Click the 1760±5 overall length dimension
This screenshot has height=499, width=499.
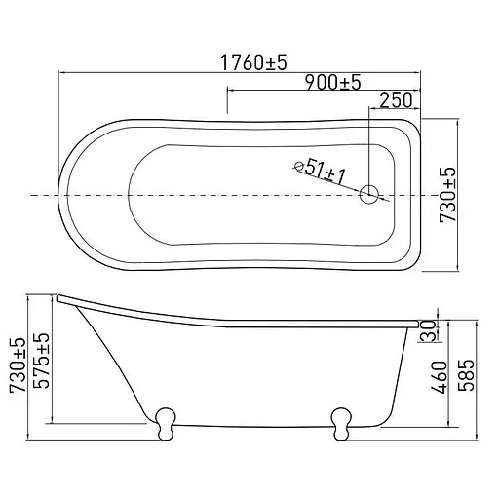tap(253, 62)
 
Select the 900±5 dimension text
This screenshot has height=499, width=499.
tap(333, 83)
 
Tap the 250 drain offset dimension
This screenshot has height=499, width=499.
tap(396, 100)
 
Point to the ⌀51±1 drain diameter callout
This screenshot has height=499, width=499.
tap(320, 171)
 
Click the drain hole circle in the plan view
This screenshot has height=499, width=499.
tap(369, 194)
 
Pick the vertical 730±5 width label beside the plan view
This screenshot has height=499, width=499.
tap(447, 195)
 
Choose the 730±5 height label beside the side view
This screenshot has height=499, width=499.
tap(18, 365)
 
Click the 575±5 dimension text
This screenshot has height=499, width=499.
tap(42, 361)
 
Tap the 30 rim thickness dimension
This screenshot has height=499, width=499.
tap(428, 330)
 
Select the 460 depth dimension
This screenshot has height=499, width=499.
tap(439, 377)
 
